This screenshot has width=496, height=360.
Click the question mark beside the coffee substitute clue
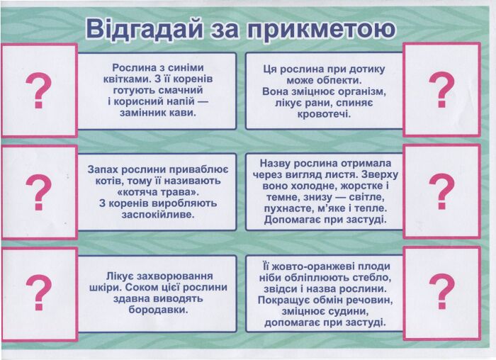pos(39,90)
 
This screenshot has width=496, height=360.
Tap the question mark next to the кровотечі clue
pos(441,90)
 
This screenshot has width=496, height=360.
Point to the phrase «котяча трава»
pos(157,192)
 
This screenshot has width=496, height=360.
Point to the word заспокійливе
pos(157,214)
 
